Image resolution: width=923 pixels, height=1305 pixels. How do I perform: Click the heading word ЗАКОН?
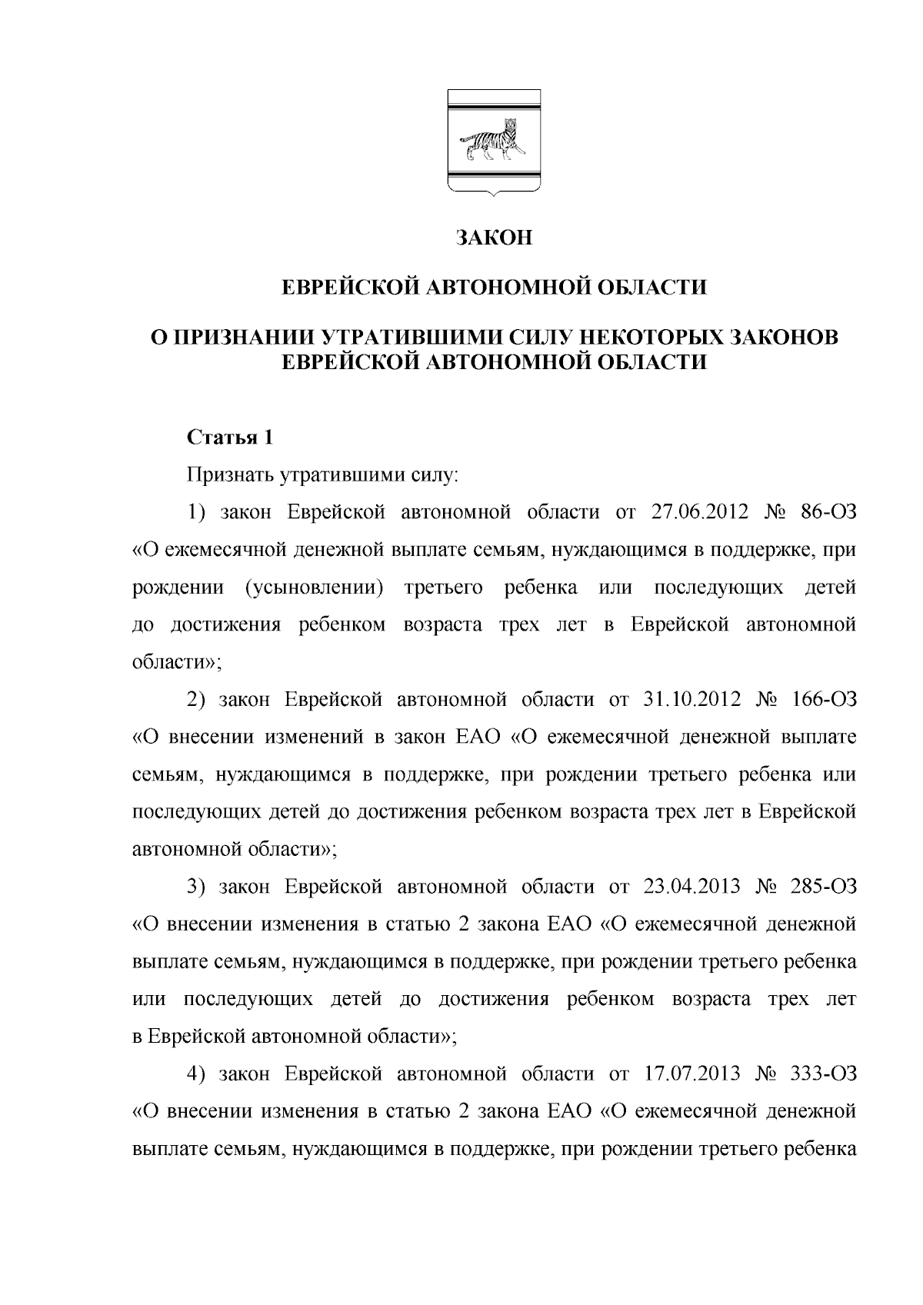[493, 238]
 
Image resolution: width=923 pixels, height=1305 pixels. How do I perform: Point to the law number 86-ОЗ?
[828, 513]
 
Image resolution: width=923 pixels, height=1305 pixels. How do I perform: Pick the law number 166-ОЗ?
[823, 700]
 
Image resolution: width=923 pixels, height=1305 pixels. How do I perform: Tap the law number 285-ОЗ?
[823, 887]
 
